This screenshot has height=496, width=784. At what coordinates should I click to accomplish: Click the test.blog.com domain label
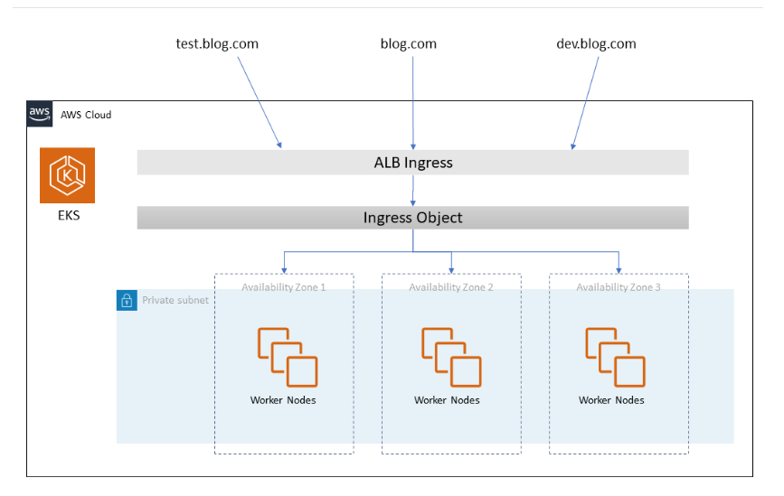click(x=217, y=43)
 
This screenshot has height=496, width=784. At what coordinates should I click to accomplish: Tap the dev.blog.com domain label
click(x=595, y=43)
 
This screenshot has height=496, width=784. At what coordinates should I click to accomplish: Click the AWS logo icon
click(x=39, y=114)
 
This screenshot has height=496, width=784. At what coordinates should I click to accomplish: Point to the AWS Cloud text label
click(x=86, y=115)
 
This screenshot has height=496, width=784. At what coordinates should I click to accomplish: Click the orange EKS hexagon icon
click(x=68, y=175)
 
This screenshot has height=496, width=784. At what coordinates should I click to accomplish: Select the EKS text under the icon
click(x=68, y=216)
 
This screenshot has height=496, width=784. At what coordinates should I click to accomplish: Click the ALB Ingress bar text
click(x=412, y=163)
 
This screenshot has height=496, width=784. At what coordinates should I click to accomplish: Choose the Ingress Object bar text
click(x=412, y=218)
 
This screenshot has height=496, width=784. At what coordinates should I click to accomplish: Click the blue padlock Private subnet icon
click(x=127, y=300)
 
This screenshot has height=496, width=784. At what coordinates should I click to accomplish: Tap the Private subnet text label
click(x=175, y=300)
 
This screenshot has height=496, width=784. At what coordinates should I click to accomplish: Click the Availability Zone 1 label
click(x=283, y=287)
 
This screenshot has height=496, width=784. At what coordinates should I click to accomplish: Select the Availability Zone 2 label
click(x=451, y=287)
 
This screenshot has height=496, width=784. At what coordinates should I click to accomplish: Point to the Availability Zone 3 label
click(x=619, y=287)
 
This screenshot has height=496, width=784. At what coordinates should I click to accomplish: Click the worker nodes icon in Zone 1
click(x=287, y=357)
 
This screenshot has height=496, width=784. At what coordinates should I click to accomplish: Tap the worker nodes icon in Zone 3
click(x=615, y=357)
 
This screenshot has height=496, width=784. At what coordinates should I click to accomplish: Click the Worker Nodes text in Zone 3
click(x=611, y=400)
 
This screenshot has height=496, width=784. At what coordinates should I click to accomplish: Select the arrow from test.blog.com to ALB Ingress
click(x=260, y=101)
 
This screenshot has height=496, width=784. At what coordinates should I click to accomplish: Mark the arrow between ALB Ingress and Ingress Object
click(x=413, y=191)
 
